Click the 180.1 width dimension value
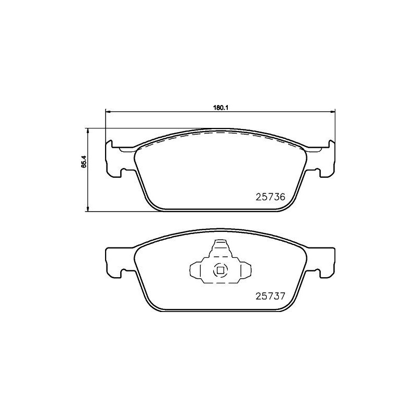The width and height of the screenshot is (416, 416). tap(220, 107)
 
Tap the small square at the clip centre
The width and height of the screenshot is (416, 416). tap(220, 270)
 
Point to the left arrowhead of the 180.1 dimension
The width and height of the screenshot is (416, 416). tap(108, 111)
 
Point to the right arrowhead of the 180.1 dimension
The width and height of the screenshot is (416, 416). tap(333, 111)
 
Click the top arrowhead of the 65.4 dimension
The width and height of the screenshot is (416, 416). tap(87, 131)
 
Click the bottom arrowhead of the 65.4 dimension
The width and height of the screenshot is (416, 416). tap(87, 209)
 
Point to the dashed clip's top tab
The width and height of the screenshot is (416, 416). tap(220, 246)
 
